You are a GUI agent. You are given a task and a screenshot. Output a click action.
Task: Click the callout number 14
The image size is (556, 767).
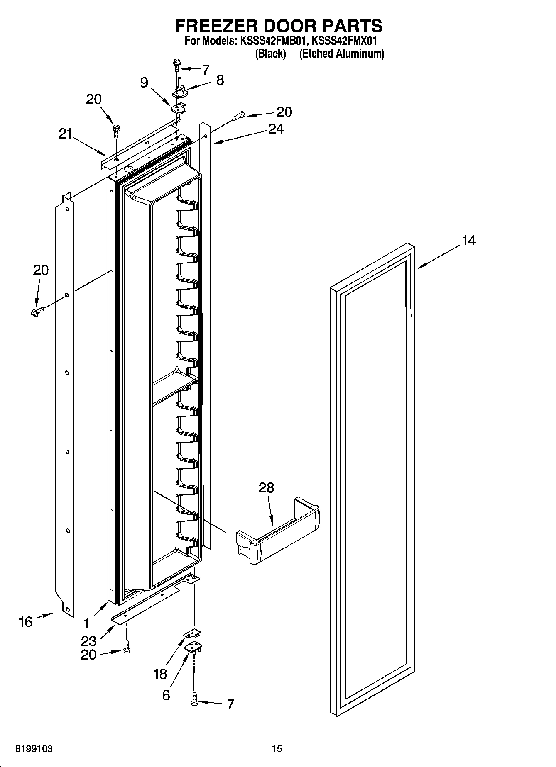pos(468,240)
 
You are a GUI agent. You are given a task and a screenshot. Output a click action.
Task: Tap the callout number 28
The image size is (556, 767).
pos(266,487)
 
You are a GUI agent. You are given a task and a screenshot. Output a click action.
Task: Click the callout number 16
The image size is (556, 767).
pos(25,621)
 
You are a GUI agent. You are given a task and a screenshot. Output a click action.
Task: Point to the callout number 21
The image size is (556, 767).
pos(65,134)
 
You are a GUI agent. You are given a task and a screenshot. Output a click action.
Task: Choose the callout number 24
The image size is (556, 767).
pos(276,129)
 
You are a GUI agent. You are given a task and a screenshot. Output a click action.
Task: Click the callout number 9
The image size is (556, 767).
pos(144,83)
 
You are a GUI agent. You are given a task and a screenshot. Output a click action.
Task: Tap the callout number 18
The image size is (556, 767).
pos(160,674)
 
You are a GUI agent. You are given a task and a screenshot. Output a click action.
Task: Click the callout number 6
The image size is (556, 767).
pos(166,695)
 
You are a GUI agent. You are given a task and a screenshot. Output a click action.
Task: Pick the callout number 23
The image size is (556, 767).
pos(89,641)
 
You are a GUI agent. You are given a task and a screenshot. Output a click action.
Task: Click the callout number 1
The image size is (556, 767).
pos(86,623)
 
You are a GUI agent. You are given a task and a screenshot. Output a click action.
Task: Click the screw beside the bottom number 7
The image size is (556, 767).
pos(194,701)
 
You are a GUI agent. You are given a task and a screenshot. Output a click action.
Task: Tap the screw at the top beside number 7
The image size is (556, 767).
pos(176,64)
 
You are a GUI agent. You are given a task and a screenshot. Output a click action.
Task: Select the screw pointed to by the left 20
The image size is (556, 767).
pos(37,312)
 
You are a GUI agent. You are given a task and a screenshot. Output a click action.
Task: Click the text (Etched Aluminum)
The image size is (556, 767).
pos(341,54)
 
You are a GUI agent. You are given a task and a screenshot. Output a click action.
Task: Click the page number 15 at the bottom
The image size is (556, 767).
pos(277,749)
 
